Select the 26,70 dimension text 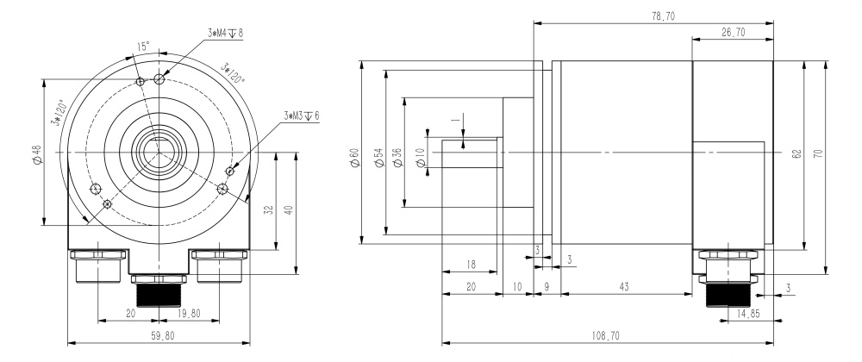(732, 32)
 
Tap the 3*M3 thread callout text (301, 115)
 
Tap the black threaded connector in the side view (725, 294)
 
